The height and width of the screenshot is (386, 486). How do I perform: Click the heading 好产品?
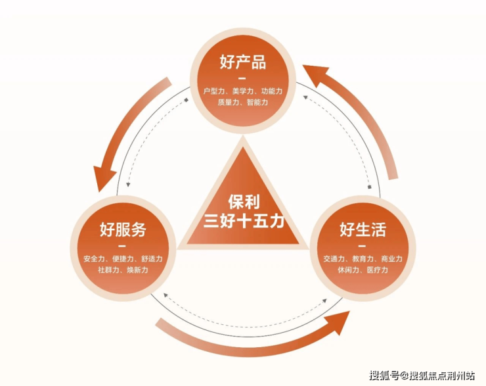pos(243,62)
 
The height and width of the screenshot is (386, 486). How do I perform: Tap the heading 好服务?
pos(123,229)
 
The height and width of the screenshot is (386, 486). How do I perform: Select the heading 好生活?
pos(363,229)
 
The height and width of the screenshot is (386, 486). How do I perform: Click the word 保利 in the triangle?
pos(244,202)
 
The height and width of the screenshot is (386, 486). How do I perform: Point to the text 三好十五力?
pos(244,222)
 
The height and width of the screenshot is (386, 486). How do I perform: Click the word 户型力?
pos(213,91)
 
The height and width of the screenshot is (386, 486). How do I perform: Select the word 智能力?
pos(257,102)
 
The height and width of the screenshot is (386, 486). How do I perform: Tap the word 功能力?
pos(272,91)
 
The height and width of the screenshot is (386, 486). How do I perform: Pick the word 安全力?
pos(94,259)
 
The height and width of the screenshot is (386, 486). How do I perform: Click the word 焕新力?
pos(137,270)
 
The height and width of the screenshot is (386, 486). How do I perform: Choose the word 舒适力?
pos(152,259)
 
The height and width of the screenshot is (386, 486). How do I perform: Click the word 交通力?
pos(334,259)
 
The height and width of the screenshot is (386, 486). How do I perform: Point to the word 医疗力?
pos(378,270)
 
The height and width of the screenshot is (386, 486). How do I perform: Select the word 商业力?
pos(392,259)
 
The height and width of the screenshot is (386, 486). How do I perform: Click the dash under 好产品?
pos(243,78)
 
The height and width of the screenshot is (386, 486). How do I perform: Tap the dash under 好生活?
pos(362,246)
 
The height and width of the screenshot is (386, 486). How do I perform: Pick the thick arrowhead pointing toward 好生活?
pos(337,322)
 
